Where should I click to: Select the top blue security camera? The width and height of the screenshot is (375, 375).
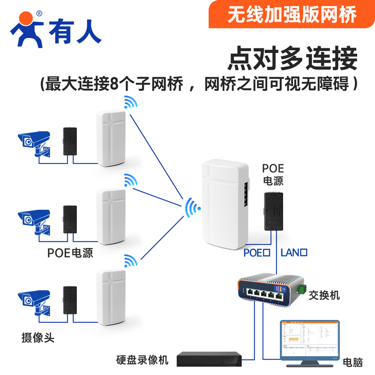[33, 140]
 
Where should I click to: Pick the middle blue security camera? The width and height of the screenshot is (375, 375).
[33, 218]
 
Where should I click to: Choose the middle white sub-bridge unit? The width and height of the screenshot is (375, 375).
[111, 216]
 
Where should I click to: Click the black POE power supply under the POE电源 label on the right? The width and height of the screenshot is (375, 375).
[273, 210]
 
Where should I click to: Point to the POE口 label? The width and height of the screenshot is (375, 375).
[257, 253]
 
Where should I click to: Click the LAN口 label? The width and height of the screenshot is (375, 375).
[294, 253]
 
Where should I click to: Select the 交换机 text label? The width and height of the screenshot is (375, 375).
[324, 295]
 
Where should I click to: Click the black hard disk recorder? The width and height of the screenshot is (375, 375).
[209, 359]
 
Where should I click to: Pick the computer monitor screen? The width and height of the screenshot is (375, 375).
[308, 339]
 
